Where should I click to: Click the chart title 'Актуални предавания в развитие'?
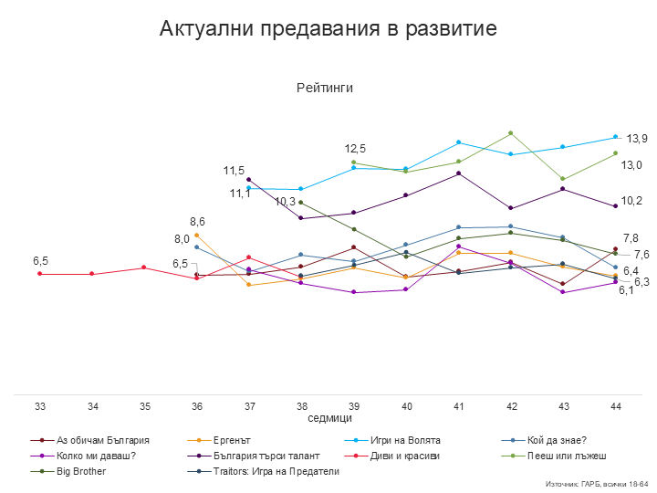328,28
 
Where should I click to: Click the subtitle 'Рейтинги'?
324,88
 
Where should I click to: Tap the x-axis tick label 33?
40,404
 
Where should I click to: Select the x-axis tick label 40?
406,404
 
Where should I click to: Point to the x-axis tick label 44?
616,404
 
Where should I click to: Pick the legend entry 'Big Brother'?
81,471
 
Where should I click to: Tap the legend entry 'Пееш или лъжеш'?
571,455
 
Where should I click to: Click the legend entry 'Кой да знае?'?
557,439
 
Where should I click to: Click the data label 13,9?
637,138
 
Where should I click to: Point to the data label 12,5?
355,148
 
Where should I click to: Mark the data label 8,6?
197,221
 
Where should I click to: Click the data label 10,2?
631,201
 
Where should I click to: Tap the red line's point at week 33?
40,273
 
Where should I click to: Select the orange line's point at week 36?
197,235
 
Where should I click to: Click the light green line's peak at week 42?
510,132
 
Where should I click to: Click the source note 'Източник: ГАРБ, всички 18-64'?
597,483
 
